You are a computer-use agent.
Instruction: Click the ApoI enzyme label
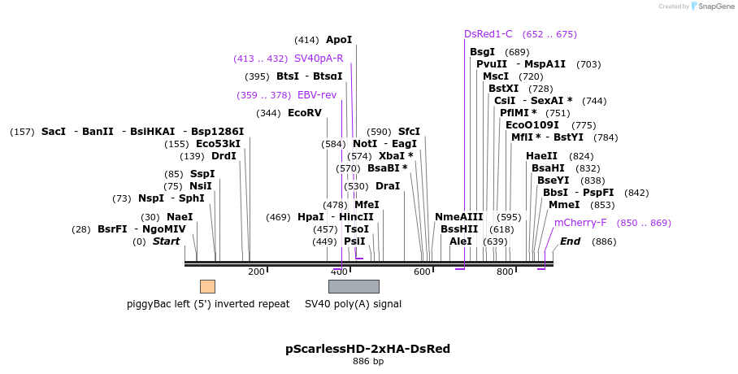[x=339, y=40]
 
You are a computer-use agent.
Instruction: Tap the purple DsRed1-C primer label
[x=488, y=34]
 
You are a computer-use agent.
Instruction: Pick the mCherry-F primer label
[x=580, y=223]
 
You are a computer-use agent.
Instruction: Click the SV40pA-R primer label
[x=319, y=59]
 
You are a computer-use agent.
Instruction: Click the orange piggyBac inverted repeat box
[x=207, y=286]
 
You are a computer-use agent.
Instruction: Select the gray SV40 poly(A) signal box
[x=354, y=286]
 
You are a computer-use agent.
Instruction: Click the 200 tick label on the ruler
[x=256, y=272]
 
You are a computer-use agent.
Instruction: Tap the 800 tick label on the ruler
[x=505, y=272]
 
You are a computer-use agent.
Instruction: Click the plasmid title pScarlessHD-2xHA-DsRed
[x=367, y=349]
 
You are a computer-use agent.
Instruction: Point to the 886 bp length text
[x=367, y=361]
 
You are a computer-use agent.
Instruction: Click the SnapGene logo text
[x=713, y=7]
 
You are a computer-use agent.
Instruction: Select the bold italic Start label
[x=166, y=241]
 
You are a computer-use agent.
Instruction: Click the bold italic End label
[x=570, y=241]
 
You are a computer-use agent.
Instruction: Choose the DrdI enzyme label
[x=224, y=156]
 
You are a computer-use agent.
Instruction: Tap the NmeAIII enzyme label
[x=458, y=217]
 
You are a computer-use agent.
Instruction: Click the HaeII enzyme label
[x=541, y=156]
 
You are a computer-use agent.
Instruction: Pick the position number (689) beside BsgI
[x=517, y=52]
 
